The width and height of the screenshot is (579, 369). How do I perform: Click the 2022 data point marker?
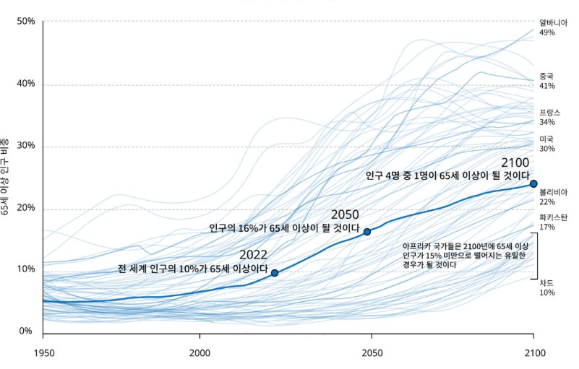[275, 273]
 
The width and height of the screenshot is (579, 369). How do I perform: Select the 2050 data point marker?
[367, 232]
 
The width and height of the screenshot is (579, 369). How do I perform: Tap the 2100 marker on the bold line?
[533, 183]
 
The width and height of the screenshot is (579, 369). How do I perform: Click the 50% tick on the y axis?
[26, 21]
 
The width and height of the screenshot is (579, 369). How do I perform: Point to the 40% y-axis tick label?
[26, 84]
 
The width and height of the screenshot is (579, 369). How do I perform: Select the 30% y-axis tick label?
[26, 146]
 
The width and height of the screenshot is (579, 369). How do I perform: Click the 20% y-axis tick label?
[26, 208]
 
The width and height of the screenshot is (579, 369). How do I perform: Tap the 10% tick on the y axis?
[26, 269]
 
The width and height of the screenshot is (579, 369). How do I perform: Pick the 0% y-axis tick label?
[26, 331]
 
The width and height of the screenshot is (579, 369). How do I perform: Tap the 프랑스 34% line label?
[549, 118]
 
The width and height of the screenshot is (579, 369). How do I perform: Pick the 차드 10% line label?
[546, 287]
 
